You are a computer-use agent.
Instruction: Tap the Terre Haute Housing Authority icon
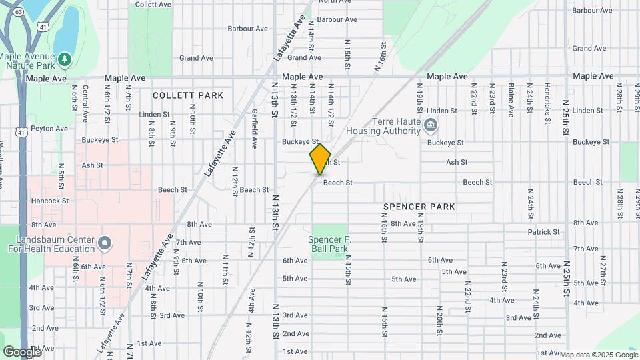[431, 124]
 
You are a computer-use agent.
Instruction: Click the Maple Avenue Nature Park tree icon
[65, 60]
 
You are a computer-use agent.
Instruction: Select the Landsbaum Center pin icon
[104, 244]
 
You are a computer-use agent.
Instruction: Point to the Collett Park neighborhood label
[188, 95]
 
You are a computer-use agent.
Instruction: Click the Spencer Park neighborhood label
[419, 207]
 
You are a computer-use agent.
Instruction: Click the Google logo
[22, 351]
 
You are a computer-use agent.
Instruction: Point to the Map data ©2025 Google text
[598, 355]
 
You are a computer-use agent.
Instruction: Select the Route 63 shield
[18, 12]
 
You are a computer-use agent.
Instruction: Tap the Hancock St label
[50, 200]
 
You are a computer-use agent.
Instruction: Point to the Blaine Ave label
[510, 99]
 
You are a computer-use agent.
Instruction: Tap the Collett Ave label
[153, 4]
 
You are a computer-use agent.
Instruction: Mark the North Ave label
[335, 1]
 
